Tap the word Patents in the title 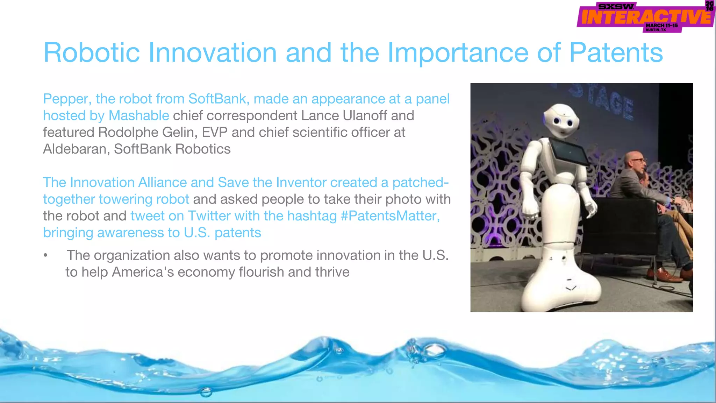(x=616, y=52)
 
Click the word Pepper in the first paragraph (x=65, y=99)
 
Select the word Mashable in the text (x=139, y=115)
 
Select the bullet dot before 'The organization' (x=45, y=255)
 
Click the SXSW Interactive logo (x=645, y=17)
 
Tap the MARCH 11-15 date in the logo (x=661, y=26)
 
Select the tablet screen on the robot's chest (x=569, y=152)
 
